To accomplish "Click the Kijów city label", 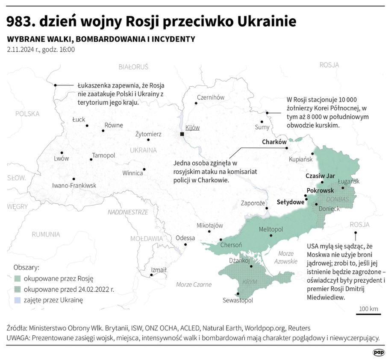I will click(193, 128).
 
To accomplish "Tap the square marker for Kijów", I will click(182, 134).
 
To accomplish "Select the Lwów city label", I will click(61, 158).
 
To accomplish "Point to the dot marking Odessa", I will click(185, 245).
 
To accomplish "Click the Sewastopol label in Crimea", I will click(238, 301).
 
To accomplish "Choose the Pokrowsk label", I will click(320, 190).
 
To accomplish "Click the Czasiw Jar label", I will click(320, 176).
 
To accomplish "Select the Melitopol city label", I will click(270, 229).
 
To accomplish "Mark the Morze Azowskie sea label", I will click(285, 257).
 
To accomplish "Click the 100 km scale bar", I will click(368, 314).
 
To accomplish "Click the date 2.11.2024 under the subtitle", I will click(24, 50).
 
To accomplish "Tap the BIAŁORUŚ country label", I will click(133, 67).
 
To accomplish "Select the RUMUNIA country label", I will click(45, 234).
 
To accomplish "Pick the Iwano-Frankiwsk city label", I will click(74, 186).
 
